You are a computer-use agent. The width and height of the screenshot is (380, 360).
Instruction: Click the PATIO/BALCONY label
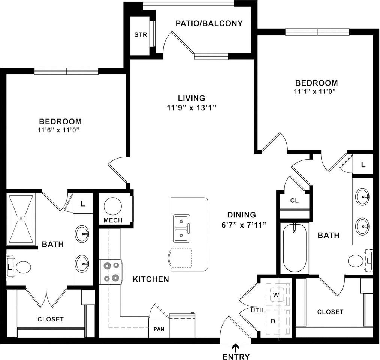click(x=209, y=23)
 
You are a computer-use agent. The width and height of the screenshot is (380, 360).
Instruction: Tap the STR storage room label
click(x=141, y=35)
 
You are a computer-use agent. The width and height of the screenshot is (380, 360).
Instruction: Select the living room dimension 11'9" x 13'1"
click(x=192, y=108)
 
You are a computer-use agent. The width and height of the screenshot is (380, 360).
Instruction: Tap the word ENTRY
click(x=236, y=356)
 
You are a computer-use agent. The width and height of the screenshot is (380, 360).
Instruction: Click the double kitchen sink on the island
click(x=181, y=228)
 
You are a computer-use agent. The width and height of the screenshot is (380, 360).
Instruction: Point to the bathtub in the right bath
click(x=295, y=248)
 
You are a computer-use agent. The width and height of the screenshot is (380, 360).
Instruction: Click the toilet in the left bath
click(x=22, y=267)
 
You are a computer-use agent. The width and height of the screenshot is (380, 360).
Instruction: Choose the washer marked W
click(x=277, y=295)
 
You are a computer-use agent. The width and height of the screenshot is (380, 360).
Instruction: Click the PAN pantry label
click(x=159, y=330)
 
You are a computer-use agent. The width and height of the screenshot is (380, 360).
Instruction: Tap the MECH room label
click(x=113, y=220)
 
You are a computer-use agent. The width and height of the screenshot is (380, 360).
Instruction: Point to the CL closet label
click(x=295, y=201)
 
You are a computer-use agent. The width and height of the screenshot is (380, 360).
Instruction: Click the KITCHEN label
click(x=151, y=279)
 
